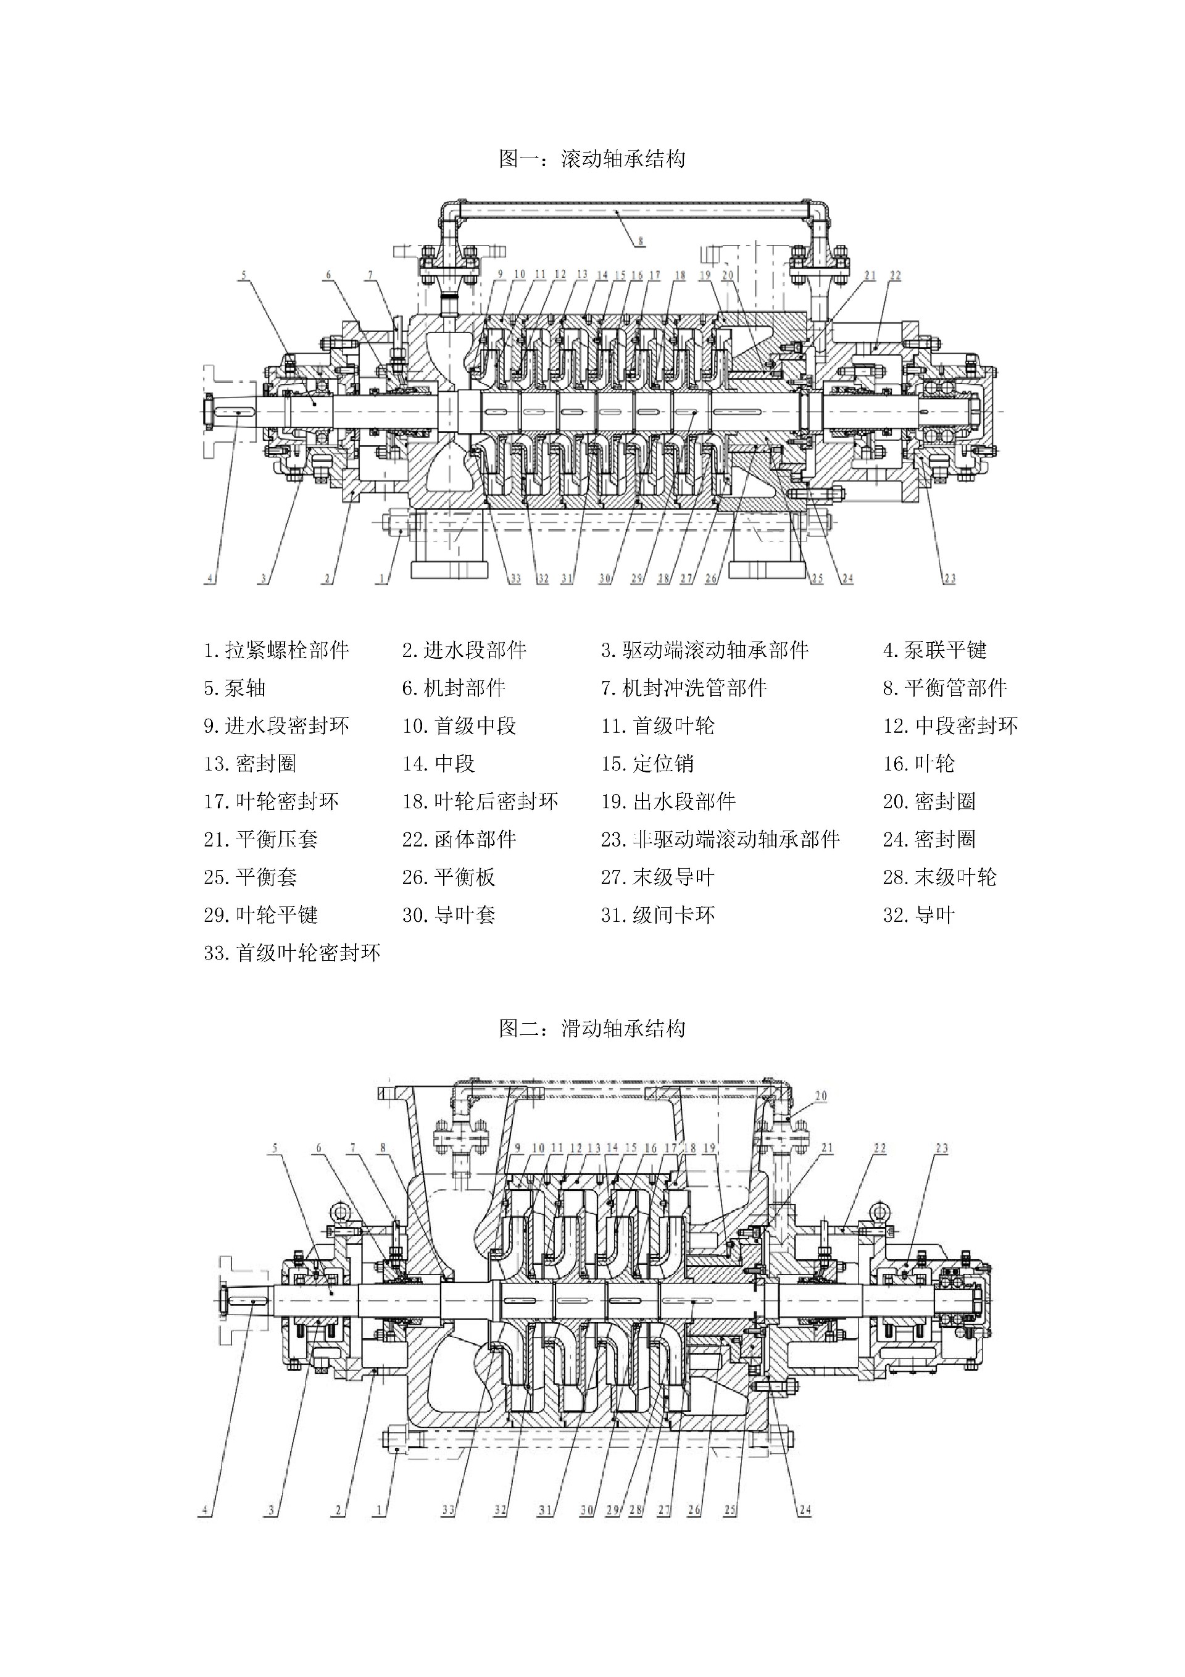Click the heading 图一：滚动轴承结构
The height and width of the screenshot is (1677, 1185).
(592, 159)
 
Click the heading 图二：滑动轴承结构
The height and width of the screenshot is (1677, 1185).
(592, 1029)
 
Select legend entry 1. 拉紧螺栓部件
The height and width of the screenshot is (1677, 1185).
(276, 650)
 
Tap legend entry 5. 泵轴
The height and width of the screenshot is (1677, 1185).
(235, 688)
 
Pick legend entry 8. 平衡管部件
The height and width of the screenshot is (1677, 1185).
(945, 688)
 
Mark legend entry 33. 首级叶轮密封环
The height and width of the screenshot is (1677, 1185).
(292, 953)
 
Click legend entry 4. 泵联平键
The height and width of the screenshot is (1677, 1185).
(934, 650)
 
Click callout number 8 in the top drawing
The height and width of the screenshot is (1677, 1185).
(639, 240)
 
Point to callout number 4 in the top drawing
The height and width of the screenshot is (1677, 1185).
(210, 579)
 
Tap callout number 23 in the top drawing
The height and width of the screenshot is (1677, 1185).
(949, 579)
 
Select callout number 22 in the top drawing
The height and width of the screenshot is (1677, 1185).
(896, 275)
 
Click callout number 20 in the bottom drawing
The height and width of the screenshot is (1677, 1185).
(821, 1095)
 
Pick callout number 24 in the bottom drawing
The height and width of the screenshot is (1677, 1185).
(805, 1510)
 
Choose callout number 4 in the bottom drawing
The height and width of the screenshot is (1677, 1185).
(205, 1510)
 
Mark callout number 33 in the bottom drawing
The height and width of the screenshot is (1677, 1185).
(448, 1510)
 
